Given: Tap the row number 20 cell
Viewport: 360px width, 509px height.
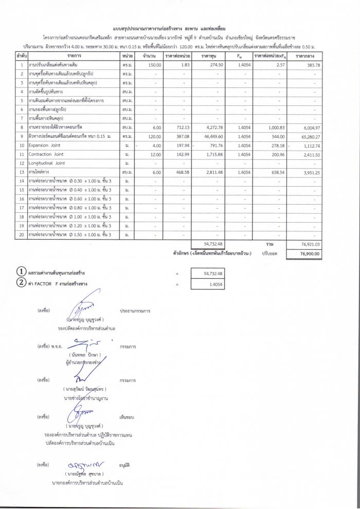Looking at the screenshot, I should point(22,235).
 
